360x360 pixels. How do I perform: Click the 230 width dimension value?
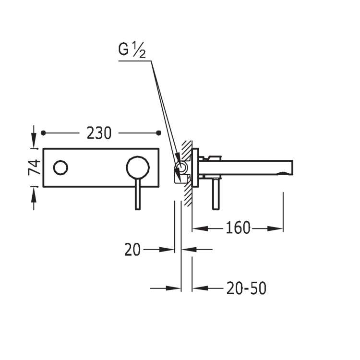(x=99, y=133)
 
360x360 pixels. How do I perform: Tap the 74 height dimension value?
(x=34, y=168)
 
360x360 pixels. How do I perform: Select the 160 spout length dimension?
(x=238, y=228)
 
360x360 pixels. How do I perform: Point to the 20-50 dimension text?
(x=246, y=288)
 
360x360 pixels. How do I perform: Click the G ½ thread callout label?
(x=132, y=49)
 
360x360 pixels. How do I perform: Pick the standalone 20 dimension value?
(x=132, y=250)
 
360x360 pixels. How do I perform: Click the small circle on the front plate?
(x=60, y=168)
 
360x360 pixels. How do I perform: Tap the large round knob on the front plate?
(x=138, y=168)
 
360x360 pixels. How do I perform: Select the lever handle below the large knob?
(x=138, y=194)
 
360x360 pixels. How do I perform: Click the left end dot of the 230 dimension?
(x=43, y=133)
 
